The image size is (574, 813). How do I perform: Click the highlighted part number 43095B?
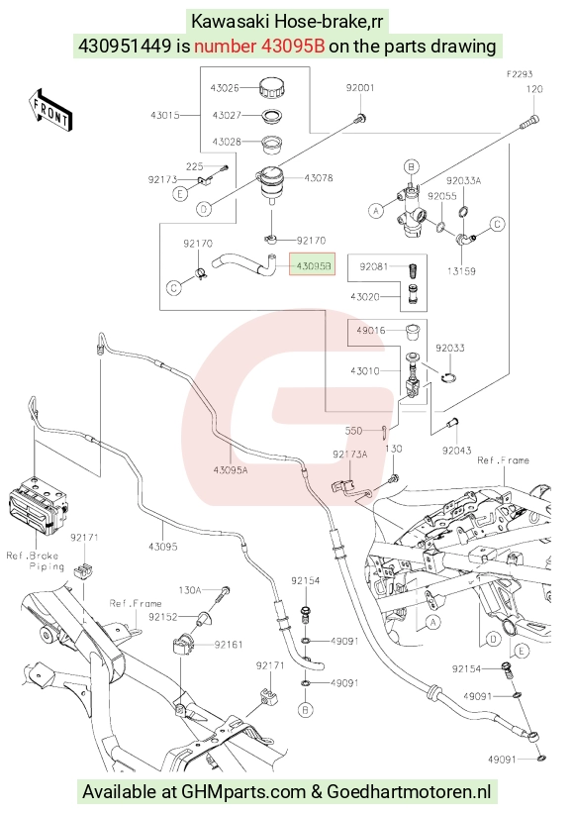click(x=313, y=267)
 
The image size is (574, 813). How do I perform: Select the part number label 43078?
click(x=319, y=178)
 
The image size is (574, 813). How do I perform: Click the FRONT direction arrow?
click(x=50, y=109)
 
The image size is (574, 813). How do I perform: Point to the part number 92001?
click(x=360, y=88)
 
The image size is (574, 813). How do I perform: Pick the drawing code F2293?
click(x=520, y=74)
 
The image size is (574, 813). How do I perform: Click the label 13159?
click(x=461, y=270)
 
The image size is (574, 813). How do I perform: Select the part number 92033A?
click(x=464, y=180)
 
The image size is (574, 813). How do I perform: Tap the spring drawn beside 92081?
click(x=414, y=270)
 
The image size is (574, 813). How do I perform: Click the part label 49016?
click(x=371, y=331)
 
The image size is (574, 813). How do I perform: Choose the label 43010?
click(x=365, y=370)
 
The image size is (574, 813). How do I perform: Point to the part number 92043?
click(x=456, y=451)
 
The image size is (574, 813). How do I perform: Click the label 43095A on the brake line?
click(x=231, y=470)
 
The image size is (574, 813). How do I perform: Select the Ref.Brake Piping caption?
click(x=36, y=561)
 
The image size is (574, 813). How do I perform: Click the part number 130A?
click(x=190, y=590)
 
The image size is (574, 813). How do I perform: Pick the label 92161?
click(x=229, y=645)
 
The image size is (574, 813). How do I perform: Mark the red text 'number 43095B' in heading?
click(x=259, y=47)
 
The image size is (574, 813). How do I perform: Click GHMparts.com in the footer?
click(x=243, y=792)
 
